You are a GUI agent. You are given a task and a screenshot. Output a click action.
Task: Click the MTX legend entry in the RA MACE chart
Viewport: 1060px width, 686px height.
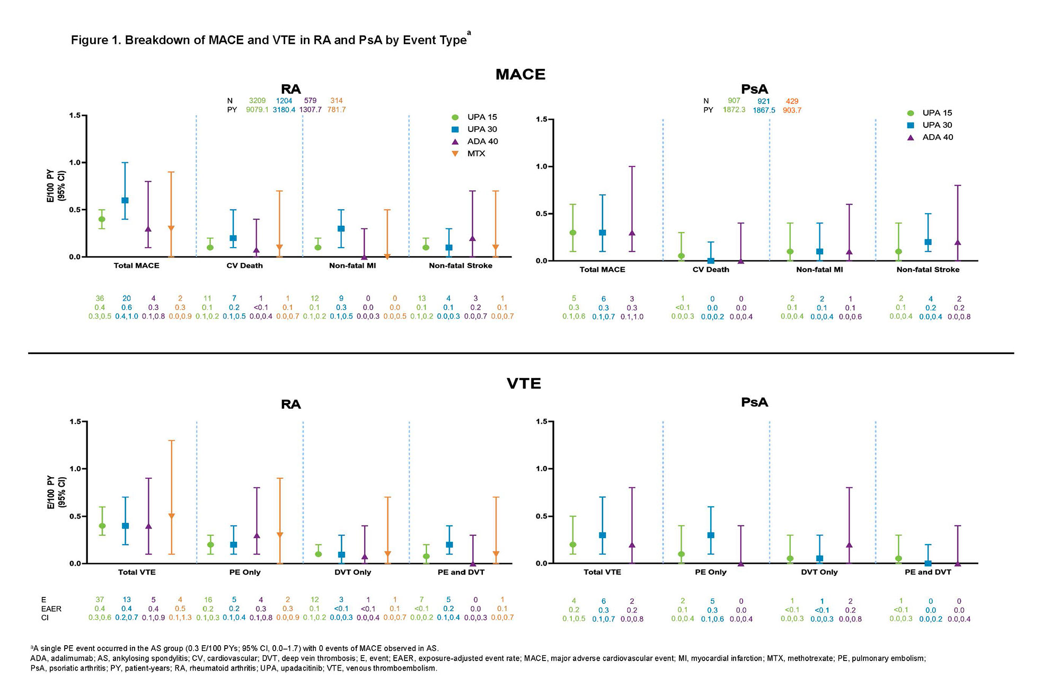tap(475, 154)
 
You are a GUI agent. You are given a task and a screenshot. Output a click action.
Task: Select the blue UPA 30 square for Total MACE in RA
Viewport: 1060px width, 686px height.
tap(125, 200)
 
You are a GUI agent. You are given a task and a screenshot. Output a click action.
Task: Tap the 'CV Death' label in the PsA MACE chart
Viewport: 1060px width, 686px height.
tap(711, 270)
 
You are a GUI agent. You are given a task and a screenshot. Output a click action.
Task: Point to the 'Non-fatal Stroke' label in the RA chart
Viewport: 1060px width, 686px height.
tap(461, 266)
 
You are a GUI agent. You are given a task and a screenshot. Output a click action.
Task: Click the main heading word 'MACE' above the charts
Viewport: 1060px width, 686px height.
tap(520, 75)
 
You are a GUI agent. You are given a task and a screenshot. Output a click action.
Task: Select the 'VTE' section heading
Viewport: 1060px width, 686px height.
tap(524, 384)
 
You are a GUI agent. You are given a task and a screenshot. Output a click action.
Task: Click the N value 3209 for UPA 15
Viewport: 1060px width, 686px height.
tap(257, 101)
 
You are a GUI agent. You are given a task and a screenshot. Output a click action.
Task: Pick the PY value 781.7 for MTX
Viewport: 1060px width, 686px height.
tap(336, 110)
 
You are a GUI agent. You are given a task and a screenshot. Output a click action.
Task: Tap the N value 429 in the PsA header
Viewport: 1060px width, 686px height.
tap(792, 101)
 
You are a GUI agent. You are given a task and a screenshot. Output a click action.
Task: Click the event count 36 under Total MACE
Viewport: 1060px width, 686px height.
tap(100, 299)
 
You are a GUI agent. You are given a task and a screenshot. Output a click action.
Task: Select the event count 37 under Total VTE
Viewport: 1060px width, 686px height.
tap(100, 600)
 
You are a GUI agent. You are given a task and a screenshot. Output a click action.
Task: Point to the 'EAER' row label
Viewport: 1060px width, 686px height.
tap(51, 609)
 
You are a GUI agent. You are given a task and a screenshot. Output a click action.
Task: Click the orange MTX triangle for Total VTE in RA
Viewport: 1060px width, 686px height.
tap(171, 516)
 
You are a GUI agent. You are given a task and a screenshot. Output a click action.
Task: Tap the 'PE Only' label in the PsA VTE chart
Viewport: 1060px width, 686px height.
tap(711, 573)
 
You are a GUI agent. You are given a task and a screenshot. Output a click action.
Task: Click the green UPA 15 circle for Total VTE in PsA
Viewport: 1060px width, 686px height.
tap(573, 544)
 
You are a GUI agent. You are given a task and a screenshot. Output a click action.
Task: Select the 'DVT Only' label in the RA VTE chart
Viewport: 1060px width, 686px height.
tap(352, 573)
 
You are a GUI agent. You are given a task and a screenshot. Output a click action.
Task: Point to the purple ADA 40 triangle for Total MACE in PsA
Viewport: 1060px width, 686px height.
tap(632, 233)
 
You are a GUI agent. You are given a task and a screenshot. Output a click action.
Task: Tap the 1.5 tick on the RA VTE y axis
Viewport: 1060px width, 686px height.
tap(77, 422)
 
